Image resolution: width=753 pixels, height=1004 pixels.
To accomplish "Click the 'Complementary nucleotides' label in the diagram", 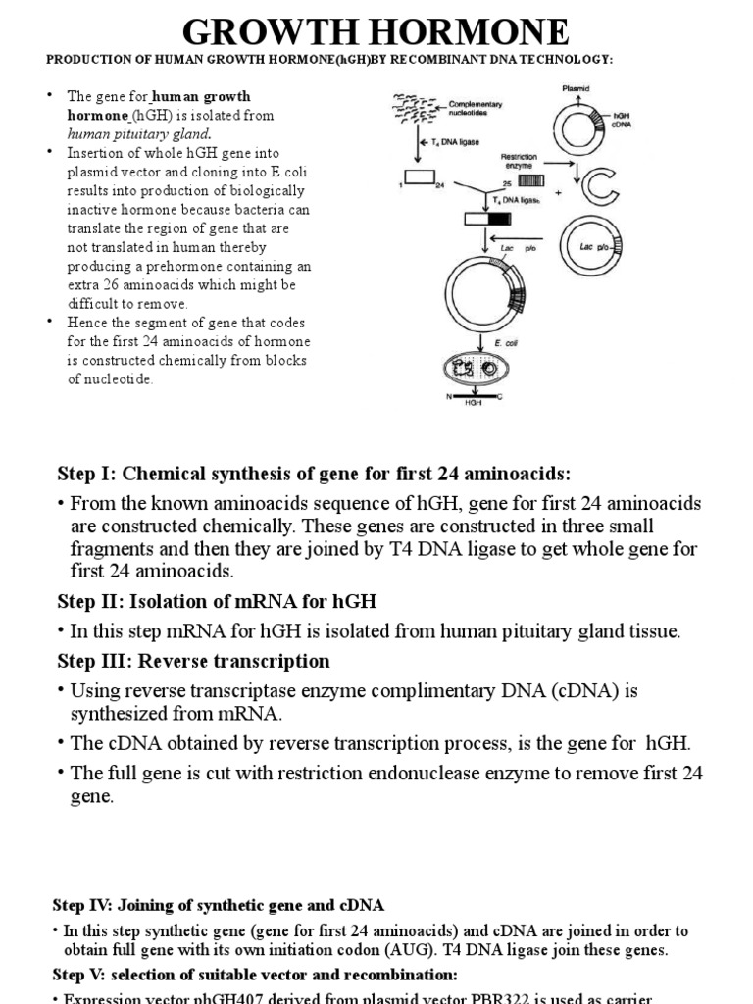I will [477, 107].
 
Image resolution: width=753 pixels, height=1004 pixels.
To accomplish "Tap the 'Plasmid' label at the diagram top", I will [576, 87].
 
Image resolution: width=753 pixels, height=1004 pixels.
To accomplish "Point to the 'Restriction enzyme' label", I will [518, 161].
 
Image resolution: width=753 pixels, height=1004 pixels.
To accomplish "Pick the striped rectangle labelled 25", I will [529, 181].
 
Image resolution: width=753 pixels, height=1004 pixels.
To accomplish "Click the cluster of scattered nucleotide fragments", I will [416, 105].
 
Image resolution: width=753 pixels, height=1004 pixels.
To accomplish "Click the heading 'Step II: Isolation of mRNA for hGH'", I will [217, 600].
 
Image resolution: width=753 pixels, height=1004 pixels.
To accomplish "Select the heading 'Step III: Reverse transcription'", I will [193, 660].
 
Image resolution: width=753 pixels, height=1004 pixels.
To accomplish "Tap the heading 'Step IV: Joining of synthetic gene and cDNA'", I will [218, 903].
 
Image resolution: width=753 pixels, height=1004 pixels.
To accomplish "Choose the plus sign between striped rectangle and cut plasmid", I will [558, 192].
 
